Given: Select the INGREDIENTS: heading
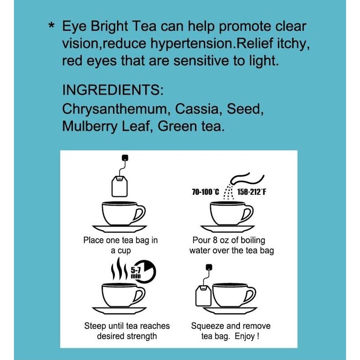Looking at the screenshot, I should (112, 89).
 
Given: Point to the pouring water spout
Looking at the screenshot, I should (245, 177).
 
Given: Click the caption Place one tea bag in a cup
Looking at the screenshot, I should (121, 245).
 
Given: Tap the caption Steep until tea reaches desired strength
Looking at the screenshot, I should (121, 331).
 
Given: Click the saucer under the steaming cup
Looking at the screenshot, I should (120, 311).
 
